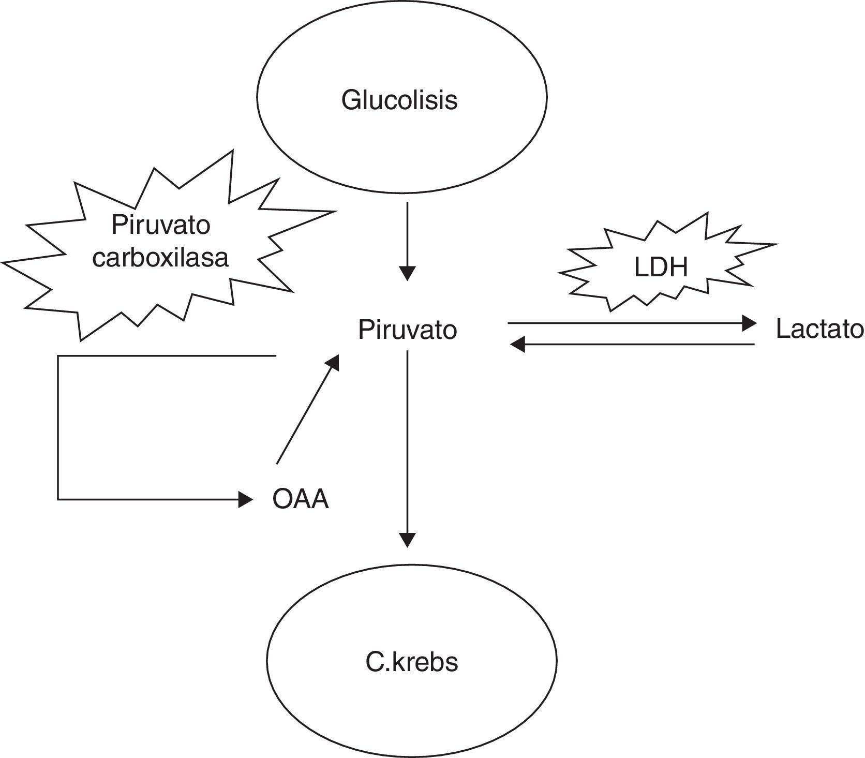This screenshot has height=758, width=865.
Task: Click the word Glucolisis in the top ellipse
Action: pos(399,99)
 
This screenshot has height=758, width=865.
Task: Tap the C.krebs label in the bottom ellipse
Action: pos(412,663)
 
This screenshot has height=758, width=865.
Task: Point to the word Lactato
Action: pos(819,329)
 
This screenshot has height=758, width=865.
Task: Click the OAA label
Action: pos(301,500)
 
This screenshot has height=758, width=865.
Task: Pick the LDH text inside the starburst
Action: pos(661,267)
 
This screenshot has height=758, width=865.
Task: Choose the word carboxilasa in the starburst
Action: pos(160,257)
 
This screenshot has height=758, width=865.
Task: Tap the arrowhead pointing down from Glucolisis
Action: pos(408,273)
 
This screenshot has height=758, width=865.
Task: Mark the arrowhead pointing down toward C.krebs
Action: pos(408,540)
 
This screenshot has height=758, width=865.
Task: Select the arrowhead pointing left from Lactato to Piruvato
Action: pos(517,344)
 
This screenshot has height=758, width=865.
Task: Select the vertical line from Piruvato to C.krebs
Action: pos(408,440)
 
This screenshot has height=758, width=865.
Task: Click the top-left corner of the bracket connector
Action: pos(58,356)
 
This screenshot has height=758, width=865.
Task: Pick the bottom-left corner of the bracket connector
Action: pos(58,499)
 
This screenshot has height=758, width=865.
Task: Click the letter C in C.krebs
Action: pos(374,663)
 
